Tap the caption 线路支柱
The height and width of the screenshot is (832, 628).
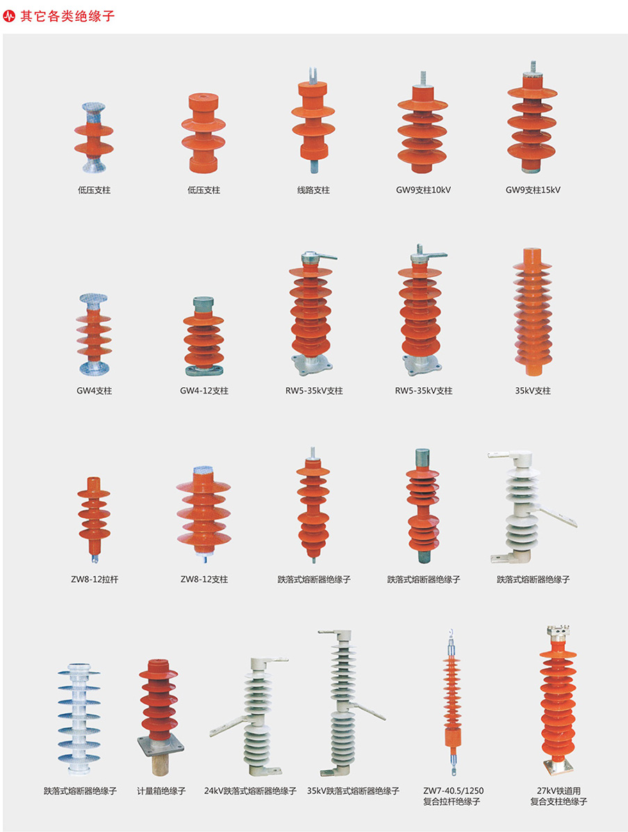pyautogui.click(x=313, y=190)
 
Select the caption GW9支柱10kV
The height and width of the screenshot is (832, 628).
pyautogui.click(x=423, y=190)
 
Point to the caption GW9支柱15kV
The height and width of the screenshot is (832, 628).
pyautogui.click(x=533, y=190)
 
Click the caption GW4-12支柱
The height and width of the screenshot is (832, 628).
pyautogui.click(x=204, y=391)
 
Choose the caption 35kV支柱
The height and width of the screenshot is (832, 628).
pyautogui.click(x=533, y=391)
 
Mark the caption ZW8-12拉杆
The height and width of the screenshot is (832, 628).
pyautogui.click(x=94, y=579)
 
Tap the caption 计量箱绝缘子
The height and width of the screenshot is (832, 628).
pyautogui.click(x=161, y=791)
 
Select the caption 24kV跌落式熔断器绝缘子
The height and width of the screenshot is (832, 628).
pyautogui.click(x=250, y=791)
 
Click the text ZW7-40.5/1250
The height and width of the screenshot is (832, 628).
pyautogui.click(x=453, y=791)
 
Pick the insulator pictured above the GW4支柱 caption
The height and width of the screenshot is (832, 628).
pyautogui.click(x=94, y=334)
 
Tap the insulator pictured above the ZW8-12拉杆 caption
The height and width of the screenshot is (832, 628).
pyautogui.click(x=94, y=518)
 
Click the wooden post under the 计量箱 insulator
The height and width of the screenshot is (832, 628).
pyautogui.click(x=161, y=765)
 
